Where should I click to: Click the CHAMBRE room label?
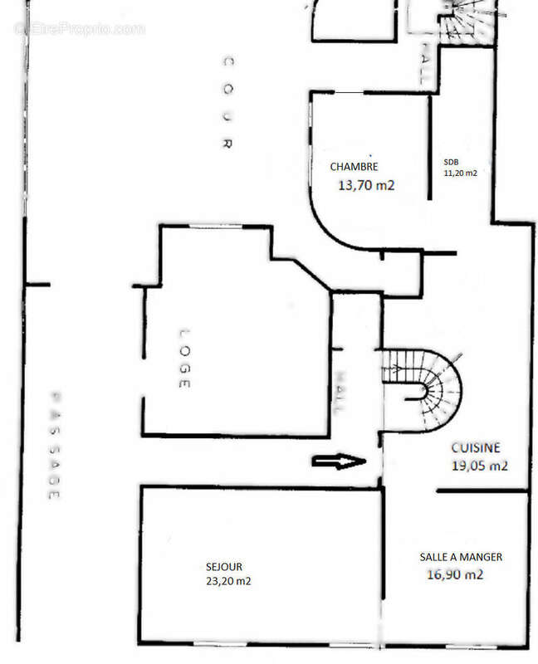coord(355,166)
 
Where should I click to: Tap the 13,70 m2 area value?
coord(365,186)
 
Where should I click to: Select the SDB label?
coord(451,163)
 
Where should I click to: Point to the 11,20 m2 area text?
coord(461,173)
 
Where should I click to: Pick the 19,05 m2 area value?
coord(479,466)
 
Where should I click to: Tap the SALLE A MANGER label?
coord(461,557)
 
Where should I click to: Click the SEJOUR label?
coord(224,566)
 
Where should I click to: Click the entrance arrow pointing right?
coord(338,461)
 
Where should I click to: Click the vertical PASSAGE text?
coord(55,445)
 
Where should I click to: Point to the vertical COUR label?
coord(226,103)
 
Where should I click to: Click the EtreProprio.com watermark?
coord(80,28)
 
